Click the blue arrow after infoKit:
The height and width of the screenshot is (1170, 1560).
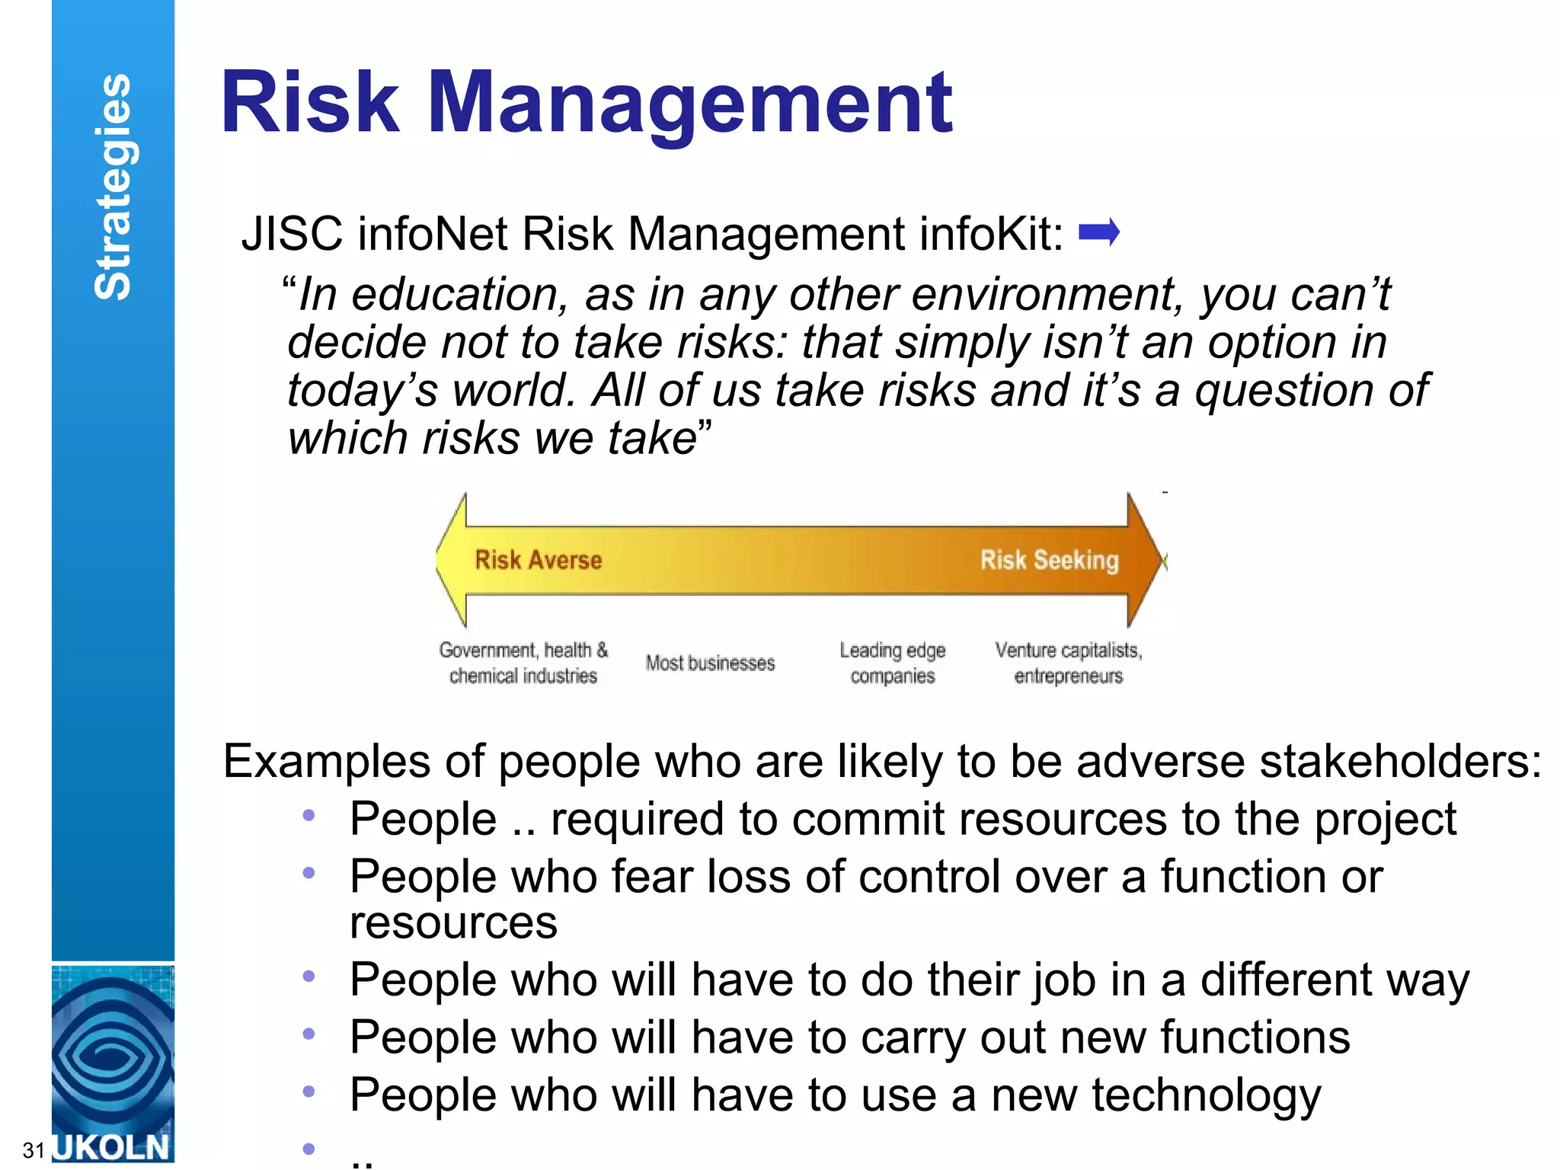1099,232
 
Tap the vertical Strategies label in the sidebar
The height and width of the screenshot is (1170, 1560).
113,187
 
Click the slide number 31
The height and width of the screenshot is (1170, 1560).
33,1149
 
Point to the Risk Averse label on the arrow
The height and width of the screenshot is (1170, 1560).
538,560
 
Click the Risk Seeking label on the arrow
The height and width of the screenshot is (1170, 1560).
1049,560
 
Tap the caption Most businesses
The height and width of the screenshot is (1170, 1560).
710,663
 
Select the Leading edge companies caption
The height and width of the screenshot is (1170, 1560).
892,663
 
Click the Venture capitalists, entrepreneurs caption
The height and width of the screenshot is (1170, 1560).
1068,663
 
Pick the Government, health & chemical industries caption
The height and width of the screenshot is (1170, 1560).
523,663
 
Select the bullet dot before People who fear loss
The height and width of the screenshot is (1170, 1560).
308,873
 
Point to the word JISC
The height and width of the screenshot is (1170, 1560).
291,233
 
